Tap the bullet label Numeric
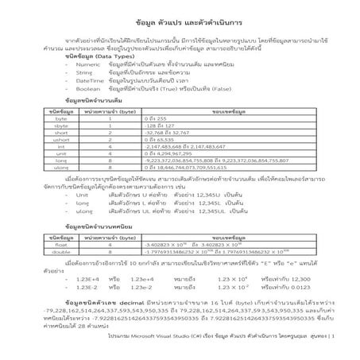[87, 67]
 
